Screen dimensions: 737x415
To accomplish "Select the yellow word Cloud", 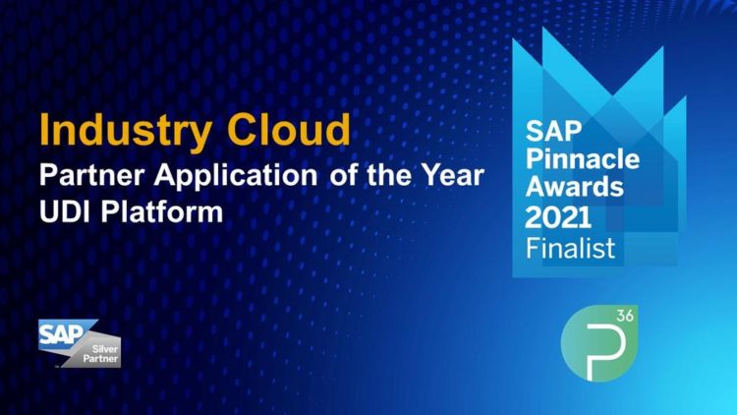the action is tap(289, 129).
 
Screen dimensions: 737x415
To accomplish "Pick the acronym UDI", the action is tap(65, 211).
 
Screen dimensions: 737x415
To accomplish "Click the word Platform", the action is tap(162, 211).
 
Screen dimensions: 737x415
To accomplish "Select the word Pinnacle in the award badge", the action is tap(583, 158).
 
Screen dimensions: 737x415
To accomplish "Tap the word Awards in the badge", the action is tap(575, 187).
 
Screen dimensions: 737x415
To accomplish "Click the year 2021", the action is tap(558, 217).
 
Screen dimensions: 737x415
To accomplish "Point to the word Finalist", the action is tap(570, 248).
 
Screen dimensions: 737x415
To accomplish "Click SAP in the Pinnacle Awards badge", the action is tap(553, 131).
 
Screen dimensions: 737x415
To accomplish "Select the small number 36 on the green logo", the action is tap(625, 316).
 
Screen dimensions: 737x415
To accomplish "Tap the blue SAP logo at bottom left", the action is tap(62, 335).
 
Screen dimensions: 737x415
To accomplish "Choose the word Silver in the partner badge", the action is tap(105, 349).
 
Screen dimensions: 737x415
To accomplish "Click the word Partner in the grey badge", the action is tap(100, 359).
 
